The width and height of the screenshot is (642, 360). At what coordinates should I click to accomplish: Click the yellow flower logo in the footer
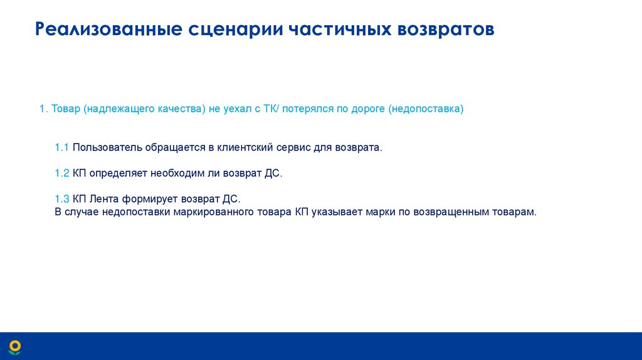(x=15, y=346)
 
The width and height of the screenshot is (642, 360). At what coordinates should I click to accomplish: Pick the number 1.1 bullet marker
(x=61, y=147)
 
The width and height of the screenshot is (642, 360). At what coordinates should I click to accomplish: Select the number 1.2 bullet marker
(x=61, y=173)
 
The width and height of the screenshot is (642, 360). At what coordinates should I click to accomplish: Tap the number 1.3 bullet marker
(x=61, y=199)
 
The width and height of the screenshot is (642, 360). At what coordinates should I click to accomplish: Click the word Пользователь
(x=108, y=147)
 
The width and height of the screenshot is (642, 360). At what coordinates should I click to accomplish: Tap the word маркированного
(x=214, y=212)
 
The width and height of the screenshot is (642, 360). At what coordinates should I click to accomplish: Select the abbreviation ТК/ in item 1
(x=270, y=109)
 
